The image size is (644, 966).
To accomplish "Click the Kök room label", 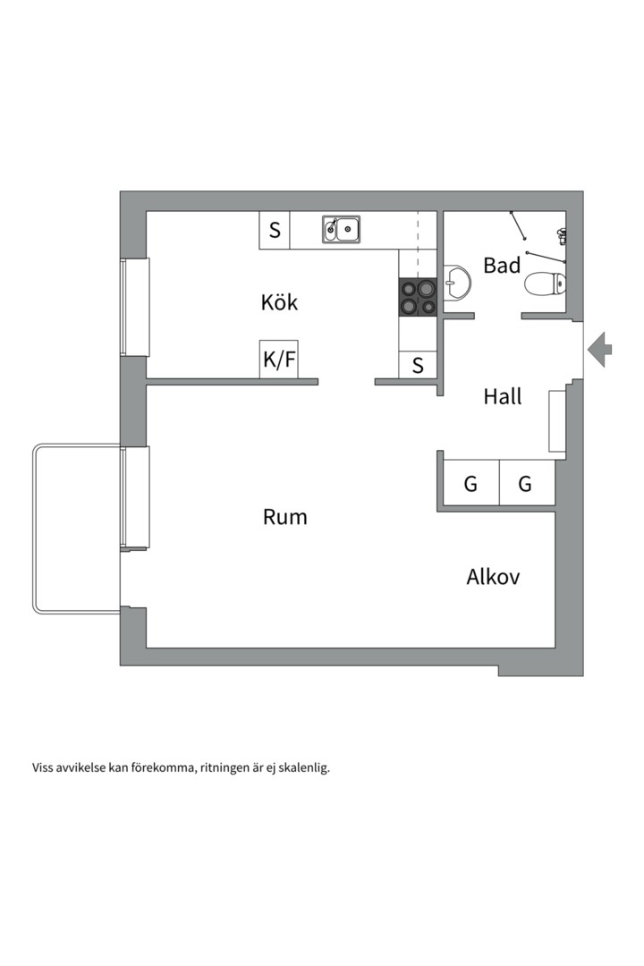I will click(x=279, y=302).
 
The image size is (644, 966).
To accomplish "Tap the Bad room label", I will click(x=502, y=265).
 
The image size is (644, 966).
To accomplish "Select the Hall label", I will click(x=503, y=396).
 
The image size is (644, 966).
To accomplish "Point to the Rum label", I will click(x=285, y=517).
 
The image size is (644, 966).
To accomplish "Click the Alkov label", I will click(x=493, y=577).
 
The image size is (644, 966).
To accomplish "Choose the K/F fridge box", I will click(x=278, y=360).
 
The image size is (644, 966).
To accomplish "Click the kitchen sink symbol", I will click(x=342, y=230).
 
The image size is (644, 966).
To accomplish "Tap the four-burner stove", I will click(x=418, y=297).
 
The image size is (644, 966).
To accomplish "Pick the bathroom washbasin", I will click(x=457, y=282).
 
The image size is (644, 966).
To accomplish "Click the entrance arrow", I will click(x=600, y=348).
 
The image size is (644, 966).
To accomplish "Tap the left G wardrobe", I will click(x=470, y=485).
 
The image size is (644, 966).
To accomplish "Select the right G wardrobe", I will click(x=526, y=485).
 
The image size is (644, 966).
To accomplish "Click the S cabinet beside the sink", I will click(x=275, y=230).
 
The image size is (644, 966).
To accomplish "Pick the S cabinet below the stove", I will click(x=418, y=365).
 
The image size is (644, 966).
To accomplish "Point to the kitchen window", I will click(x=135, y=307).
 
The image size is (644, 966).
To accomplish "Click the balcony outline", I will click(x=36, y=528).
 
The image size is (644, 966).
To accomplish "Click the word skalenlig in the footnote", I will click(x=303, y=767).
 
